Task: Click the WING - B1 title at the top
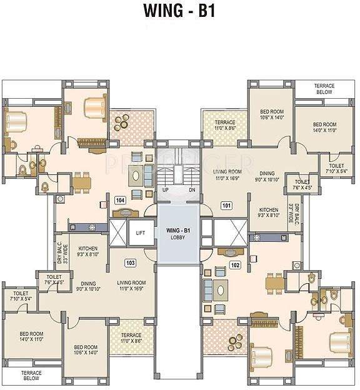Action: click(179, 11)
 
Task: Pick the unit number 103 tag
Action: click(131, 262)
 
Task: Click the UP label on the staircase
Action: click(166, 189)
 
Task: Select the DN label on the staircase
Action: click(192, 189)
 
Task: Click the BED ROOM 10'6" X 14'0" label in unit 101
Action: click(272, 114)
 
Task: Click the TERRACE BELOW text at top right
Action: click(324, 89)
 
